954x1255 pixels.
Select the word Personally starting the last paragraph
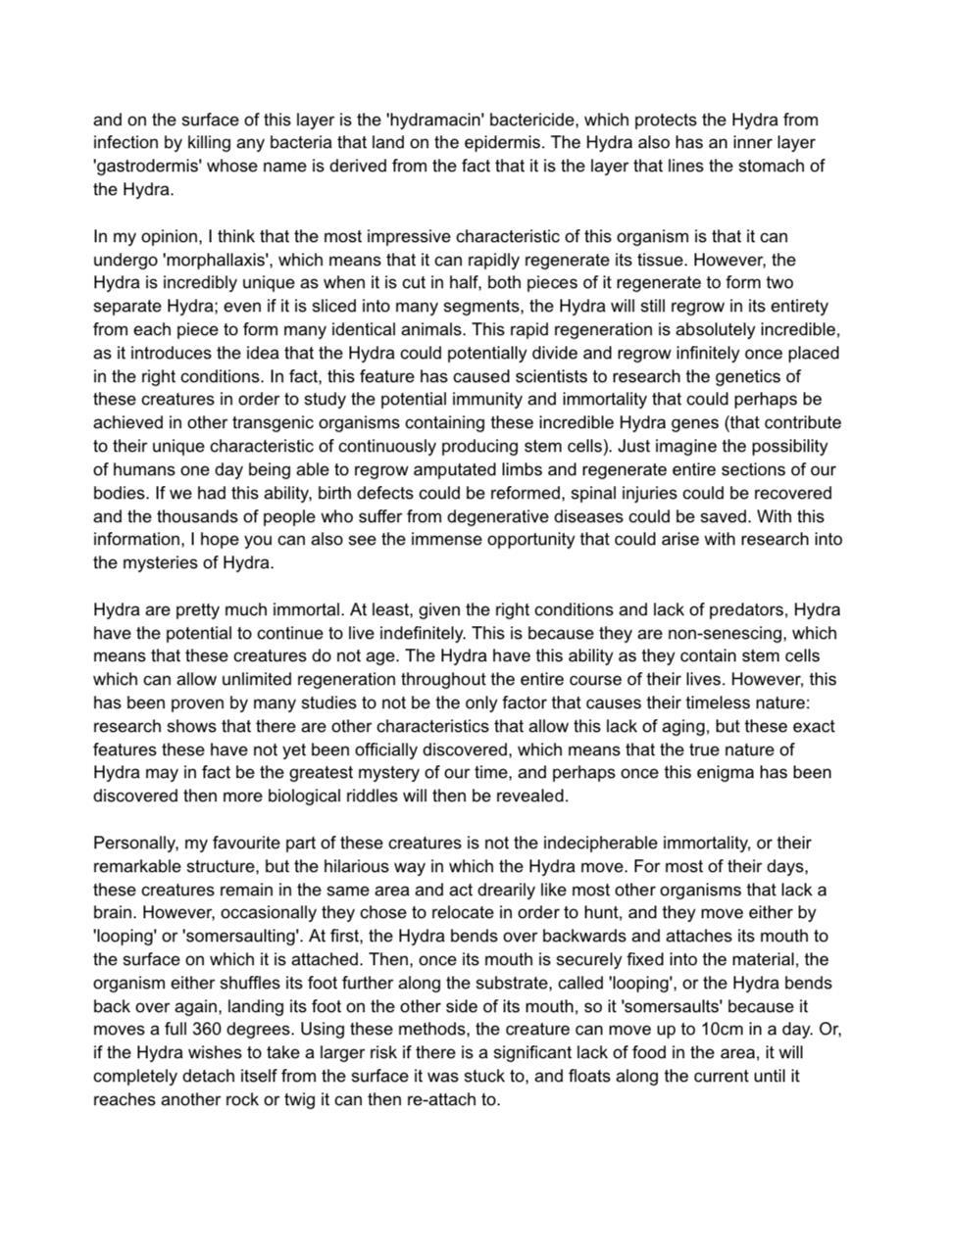[133, 844]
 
